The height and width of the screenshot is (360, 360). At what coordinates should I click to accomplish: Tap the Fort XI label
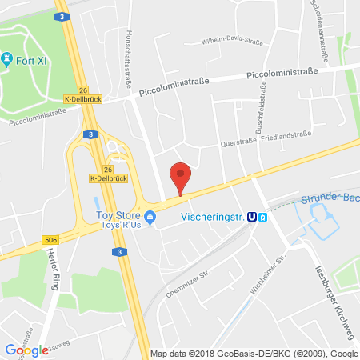[x=28, y=59]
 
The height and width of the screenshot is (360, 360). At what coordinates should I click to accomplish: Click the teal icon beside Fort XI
[x=7, y=59]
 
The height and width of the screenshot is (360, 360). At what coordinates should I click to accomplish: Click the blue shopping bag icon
[x=150, y=215]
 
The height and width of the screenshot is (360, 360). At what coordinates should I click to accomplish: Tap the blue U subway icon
[x=253, y=215]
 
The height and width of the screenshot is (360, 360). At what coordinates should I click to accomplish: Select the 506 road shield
[x=49, y=239]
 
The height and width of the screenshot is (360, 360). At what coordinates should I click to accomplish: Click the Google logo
[x=26, y=349]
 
